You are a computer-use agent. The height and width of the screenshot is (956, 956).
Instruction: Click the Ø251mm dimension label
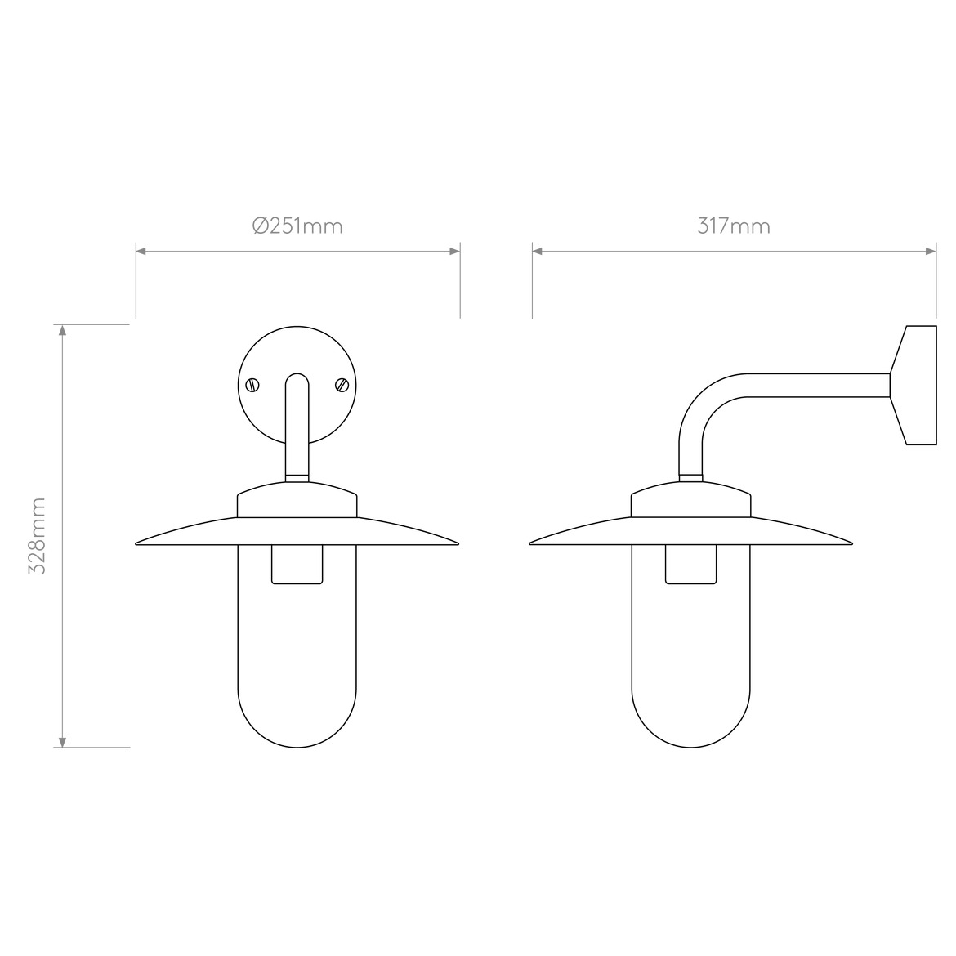[x=297, y=226]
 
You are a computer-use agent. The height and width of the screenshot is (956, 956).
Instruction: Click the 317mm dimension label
[x=734, y=226]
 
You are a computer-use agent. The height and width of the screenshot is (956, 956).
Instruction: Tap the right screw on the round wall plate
[x=342, y=384]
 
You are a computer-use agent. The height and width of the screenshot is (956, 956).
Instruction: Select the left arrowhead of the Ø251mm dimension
[x=141, y=252]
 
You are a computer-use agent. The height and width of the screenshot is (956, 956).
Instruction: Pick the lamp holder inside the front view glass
[x=297, y=565]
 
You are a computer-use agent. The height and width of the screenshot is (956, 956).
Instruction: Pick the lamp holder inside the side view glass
[x=691, y=565]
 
